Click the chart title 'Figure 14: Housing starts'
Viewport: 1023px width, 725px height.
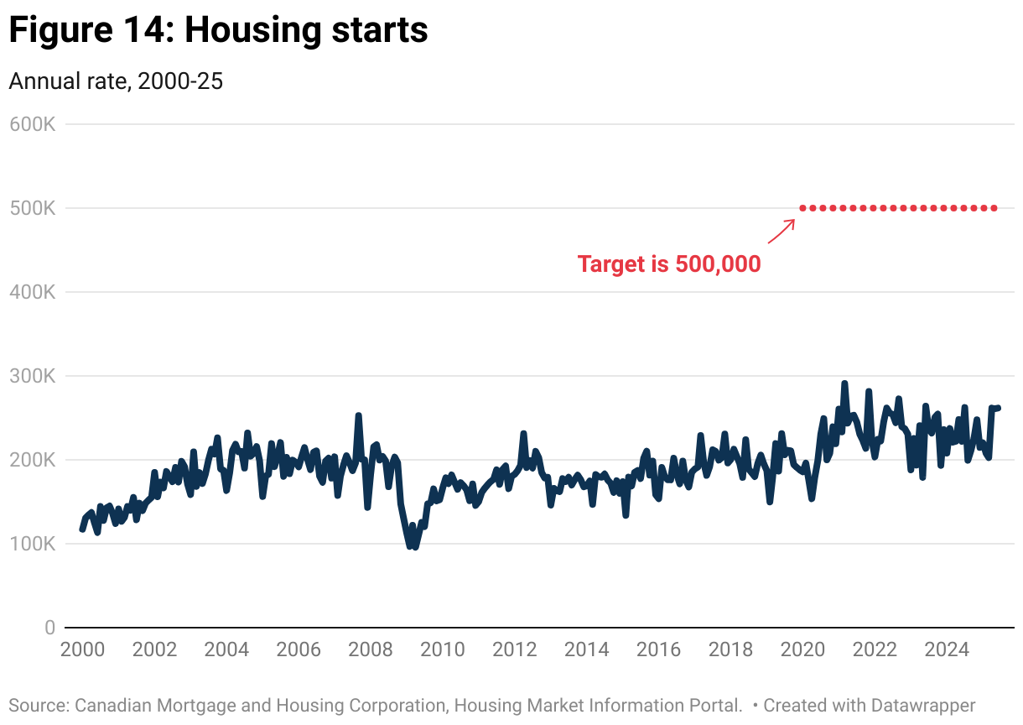(x=218, y=30)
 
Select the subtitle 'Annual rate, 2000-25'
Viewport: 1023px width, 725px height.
(x=116, y=81)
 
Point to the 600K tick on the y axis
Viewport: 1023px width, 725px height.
(x=33, y=124)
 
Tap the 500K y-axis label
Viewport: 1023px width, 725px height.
(x=33, y=208)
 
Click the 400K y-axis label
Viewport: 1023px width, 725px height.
(x=33, y=292)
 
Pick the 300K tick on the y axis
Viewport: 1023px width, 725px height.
(x=33, y=376)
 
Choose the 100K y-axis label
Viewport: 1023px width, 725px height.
(x=33, y=544)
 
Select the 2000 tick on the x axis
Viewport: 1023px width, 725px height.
(x=82, y=649)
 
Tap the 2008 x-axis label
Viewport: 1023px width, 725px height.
(x=371, y=649)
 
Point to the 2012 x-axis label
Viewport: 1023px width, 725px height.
(x=515, y=649)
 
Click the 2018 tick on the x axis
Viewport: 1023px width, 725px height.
(x=731, y=649)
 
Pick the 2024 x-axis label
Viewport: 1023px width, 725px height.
(x=948, y=649)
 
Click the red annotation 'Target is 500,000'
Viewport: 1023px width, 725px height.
(x=669, y=264)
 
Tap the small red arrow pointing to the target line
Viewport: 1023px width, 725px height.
(x=782, y=231)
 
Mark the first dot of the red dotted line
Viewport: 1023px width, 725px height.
(x=802, y=208)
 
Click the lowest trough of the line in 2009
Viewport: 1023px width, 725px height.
(x=410, y=546)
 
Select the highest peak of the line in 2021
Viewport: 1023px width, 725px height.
(x=844, y=383)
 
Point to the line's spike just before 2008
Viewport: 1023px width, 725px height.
(x=358, y=415)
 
